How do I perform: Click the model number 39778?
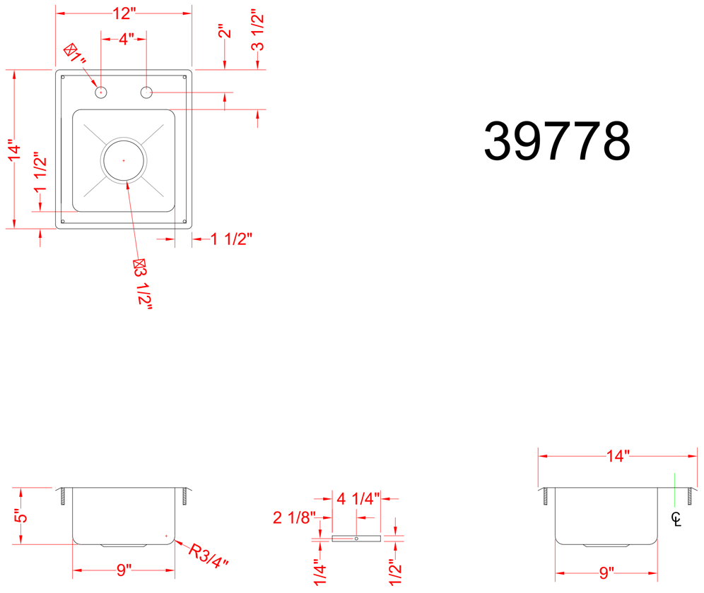(x=557, y=141)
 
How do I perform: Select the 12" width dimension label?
(x=124, y=13)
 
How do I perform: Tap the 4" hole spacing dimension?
(x=126, y=39)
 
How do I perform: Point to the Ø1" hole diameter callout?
(x=75, y=54)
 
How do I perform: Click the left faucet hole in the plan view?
(x=101, y=92)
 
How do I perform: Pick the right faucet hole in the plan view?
(x=146, y=92)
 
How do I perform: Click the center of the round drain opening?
(x=124, y=160)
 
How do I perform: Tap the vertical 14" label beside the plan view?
(x=15, y=152)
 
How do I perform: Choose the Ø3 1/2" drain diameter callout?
(x=143, y=284)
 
